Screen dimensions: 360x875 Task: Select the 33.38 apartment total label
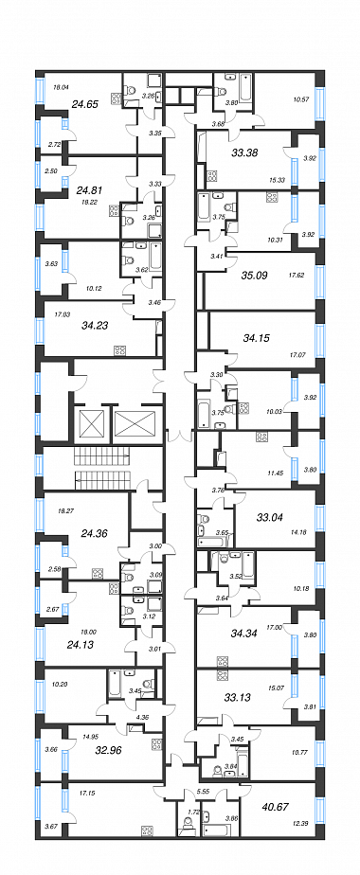point(244,152)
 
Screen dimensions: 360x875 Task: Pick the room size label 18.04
point(60,87)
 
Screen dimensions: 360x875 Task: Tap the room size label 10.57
point(301,99)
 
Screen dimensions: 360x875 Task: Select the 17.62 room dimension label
point(296,274)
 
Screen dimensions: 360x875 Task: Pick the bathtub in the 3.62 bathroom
point(154,258)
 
